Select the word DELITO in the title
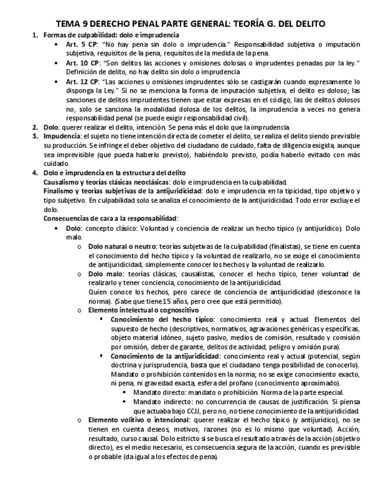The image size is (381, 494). click(304, 23)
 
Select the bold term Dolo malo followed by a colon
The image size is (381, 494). click(105, 273)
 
